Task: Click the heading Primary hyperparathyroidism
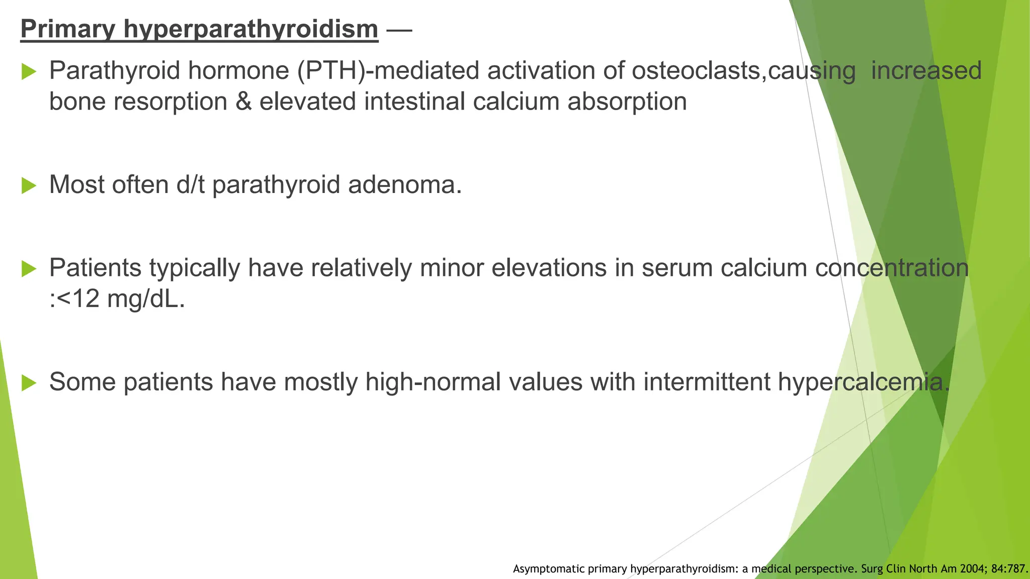199,29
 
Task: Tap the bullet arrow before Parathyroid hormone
29,72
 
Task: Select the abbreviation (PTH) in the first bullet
330,71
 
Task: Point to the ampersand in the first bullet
243,102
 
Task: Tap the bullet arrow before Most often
29,186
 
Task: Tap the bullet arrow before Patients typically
29,269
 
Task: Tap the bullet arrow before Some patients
29,383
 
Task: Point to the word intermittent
707,382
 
